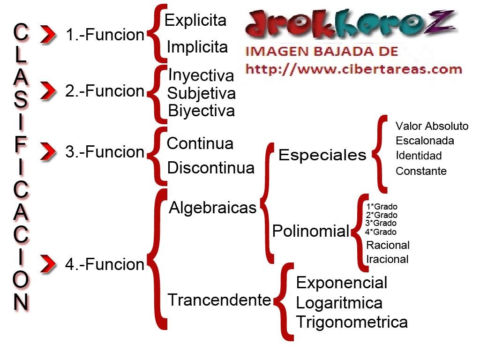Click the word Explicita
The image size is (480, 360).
click(x=195, y=20)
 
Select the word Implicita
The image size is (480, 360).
click(x=197, y=47)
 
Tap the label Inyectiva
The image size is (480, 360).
click(x=200, y=75)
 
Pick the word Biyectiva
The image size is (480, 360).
click(x=201, y=111)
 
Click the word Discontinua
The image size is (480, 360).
click(x=210, y=167)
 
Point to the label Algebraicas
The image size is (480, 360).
click(x=213, y=207)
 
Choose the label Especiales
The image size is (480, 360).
click(x=322, y=155)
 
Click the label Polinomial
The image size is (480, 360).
click(x=311, y=231)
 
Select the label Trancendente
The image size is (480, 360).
click(x=219, y=300)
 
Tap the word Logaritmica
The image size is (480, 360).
click(x=339, y=303)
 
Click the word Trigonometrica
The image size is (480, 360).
click(x=352, y=322)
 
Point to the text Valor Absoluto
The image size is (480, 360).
click(x=432, y=126)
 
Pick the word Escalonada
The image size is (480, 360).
click(x=425, y=141)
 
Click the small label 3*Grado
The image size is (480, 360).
click(x=381, y=223)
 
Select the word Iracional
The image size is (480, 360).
click(x=387, y=259)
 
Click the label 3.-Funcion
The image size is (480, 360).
click(x=105, y=152)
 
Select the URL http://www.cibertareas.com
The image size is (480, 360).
click(x=354, y=70)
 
